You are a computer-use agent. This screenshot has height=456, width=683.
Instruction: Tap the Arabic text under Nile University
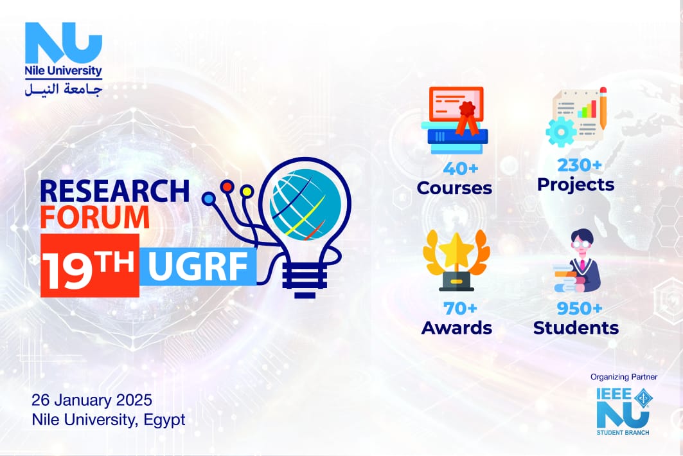(x=64, y=89)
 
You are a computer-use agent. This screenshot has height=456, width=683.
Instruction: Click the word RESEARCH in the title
(x=114, y=191)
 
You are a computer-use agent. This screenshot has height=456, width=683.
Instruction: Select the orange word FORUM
(x=95, y=217)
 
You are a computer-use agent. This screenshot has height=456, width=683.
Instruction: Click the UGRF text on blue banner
(x=197, y=267)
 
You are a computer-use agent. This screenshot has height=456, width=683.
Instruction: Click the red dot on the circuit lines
(x=227, y=187)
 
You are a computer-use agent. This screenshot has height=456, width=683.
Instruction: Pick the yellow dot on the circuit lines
(x=247, y=191)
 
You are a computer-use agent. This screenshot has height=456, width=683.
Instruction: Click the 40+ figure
(x=461, y=169)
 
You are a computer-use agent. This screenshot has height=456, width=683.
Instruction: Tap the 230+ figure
(x=580, y=165)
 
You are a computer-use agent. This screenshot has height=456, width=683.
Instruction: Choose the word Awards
(x=456, y=328)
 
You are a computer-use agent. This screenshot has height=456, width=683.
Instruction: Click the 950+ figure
(x=580, y=308)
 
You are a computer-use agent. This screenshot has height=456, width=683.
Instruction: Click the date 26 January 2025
(x=92, y=400)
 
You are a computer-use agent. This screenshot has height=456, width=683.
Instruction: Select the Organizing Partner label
(x=624, y=377)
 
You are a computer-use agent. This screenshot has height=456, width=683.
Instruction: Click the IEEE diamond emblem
(x=642, y=397)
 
